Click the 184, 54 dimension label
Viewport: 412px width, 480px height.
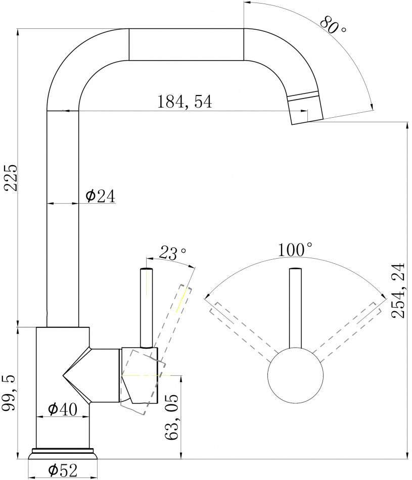point(185,102)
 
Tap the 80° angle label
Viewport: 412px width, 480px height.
point(333,24)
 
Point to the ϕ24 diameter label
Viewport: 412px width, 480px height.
point(100,196)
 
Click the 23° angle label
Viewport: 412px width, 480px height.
point(172,253)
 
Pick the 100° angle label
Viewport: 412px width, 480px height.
point(295,250)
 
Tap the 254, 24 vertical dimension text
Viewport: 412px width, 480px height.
point(398,290)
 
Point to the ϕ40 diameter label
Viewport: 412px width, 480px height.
point(63,409)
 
